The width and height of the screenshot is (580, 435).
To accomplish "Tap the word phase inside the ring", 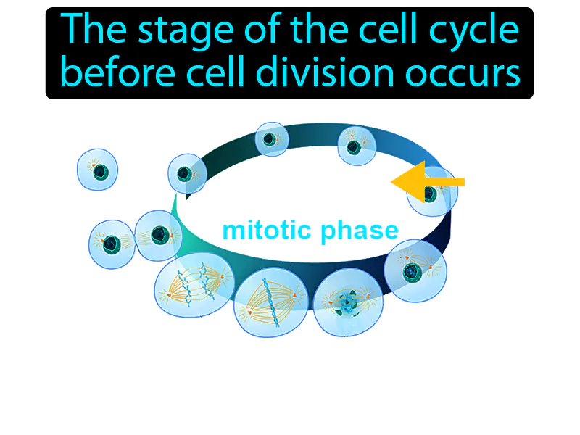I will (x=362, y=231).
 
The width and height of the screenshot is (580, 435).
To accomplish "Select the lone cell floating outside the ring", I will (x=97, y=170).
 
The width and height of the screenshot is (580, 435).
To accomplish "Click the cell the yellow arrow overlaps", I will (x=432, y=192).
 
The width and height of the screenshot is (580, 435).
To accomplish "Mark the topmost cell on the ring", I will (x=272, y=138).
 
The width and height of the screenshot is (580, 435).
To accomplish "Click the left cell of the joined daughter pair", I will (x=112, y=244).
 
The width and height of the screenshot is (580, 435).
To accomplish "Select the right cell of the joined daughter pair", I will (x=158, y=236).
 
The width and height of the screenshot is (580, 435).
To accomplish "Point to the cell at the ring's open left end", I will (x=187, y=173).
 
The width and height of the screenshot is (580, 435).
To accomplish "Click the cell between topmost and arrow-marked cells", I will (x=355, y=145).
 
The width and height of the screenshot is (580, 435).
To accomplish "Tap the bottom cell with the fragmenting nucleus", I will (x=347, y=300).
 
